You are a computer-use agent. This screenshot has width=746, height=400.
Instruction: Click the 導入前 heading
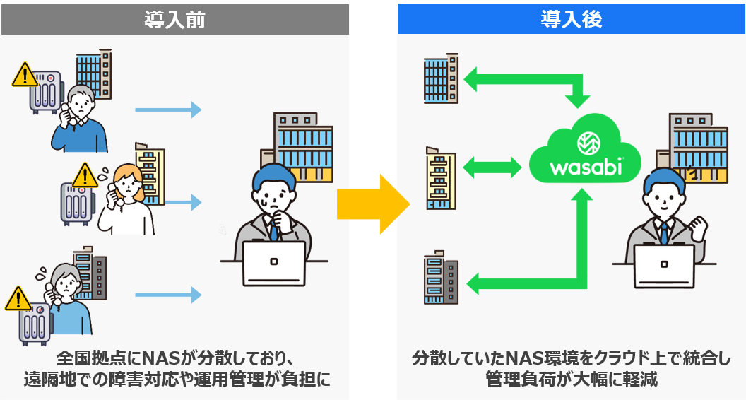[174, 20]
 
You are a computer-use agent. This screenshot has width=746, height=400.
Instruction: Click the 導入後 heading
[572, 19]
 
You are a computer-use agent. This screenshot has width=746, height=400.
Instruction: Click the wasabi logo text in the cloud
[585, 167]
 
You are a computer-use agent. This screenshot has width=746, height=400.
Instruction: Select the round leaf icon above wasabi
[588, 143]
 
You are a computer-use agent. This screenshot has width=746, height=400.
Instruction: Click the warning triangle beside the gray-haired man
[25, 75]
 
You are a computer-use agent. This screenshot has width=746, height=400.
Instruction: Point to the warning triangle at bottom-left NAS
[18, 298]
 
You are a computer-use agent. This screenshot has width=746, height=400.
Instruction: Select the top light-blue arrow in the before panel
[168, 110]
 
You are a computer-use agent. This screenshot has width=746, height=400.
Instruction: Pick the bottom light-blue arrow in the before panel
[168, 295]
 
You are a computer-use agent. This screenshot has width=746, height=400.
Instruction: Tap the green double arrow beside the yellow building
[492, 167]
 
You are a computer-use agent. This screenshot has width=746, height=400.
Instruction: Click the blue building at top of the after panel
[441, 78]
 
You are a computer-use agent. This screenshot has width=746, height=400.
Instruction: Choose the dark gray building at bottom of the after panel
[441, 278]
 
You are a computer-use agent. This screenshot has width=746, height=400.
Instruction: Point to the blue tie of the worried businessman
[273, 230]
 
